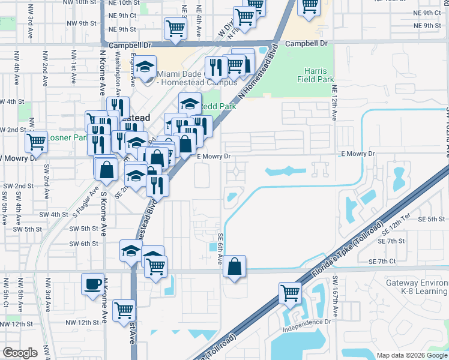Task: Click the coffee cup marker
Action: point(92,284)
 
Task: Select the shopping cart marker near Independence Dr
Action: point(291,293)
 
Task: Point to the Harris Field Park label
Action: point(315,74)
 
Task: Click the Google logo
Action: point(20,352)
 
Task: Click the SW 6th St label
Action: point(83,244)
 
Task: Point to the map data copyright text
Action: point(411,355)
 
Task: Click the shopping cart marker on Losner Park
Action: point(36,142)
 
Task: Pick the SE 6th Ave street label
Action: point(221,249)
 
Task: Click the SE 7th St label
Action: point(393,241)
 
